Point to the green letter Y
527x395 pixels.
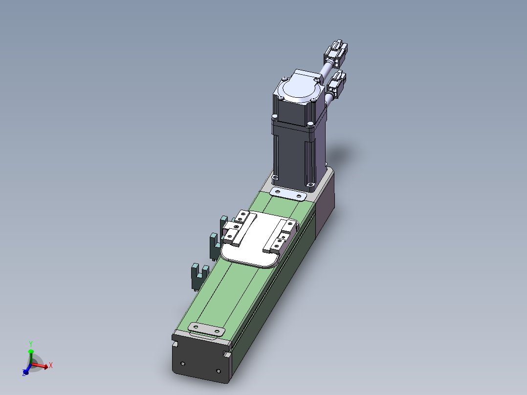coord(30,344)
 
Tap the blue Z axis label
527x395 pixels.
coord(24,373)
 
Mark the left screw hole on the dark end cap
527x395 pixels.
coord(183,364)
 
